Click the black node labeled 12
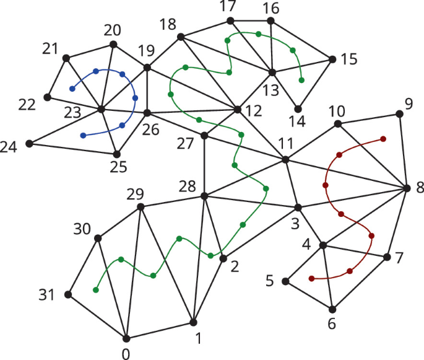coord(238,110)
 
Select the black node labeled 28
coord(204,196)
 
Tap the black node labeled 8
coord(407,188)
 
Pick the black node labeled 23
coord(101,110)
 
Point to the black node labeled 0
coord(127,338)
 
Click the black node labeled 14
coord(298,109)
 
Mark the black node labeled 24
coord(29,144)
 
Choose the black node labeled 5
coord(285,281)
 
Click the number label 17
coord(229,6)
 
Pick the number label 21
coord(50,48)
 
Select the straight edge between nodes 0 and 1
coord(160,330)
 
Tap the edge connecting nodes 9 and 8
coord(403,151)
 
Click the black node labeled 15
coord(332,59)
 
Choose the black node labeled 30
coord(98,237)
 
